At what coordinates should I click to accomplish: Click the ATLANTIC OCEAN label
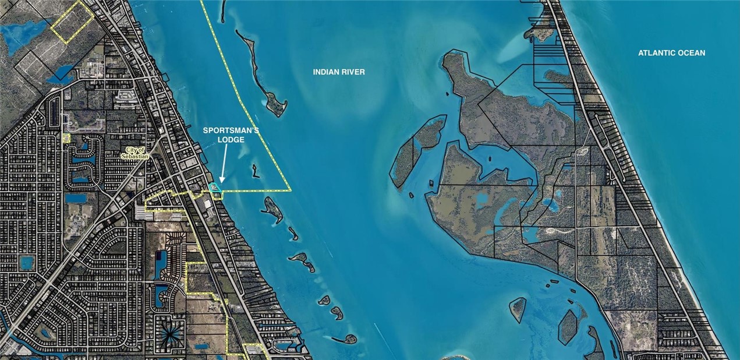pos(671,53)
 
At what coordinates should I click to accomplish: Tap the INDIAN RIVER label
pos(339,72)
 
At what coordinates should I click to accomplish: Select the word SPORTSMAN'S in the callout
pos(224,130)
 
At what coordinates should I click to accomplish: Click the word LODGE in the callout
pos(224,140)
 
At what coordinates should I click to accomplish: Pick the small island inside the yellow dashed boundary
pos(255,171)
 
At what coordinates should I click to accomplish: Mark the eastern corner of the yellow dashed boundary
pos(289,190)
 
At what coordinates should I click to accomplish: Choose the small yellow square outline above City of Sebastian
pos(66,137)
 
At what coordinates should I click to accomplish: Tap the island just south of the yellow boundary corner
pos(272,210)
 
